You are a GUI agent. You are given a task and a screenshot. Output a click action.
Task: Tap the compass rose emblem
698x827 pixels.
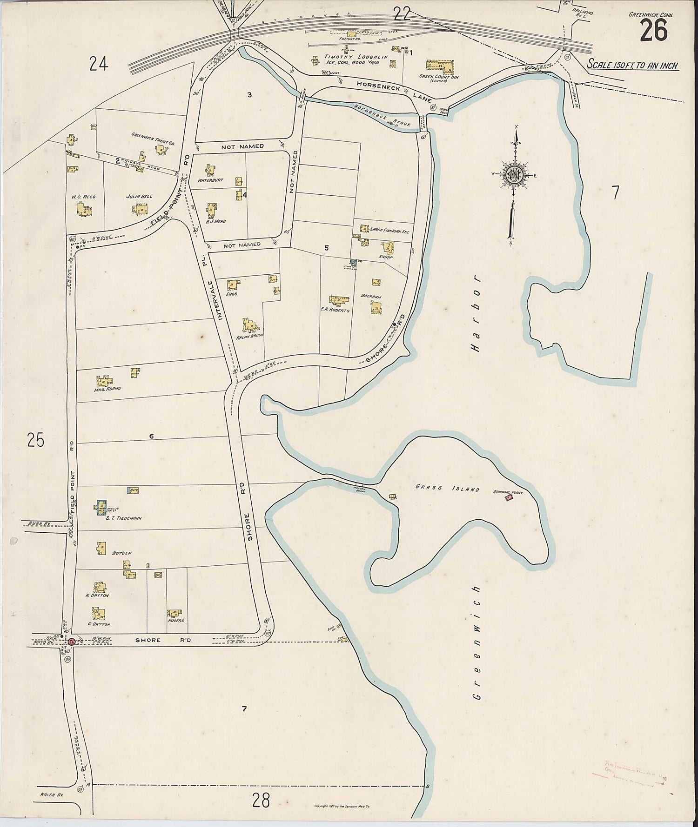(516, 175)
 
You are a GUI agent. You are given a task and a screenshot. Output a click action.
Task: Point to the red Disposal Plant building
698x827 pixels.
(509, 498)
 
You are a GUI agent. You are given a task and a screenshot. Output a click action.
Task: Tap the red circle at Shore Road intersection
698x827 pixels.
(72, 642)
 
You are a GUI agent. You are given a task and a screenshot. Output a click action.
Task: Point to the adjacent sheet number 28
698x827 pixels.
(261, 800)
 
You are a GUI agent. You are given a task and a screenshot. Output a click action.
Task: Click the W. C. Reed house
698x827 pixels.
(84, 210)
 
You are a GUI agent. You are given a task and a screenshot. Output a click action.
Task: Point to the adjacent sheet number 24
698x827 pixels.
(99, 64)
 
